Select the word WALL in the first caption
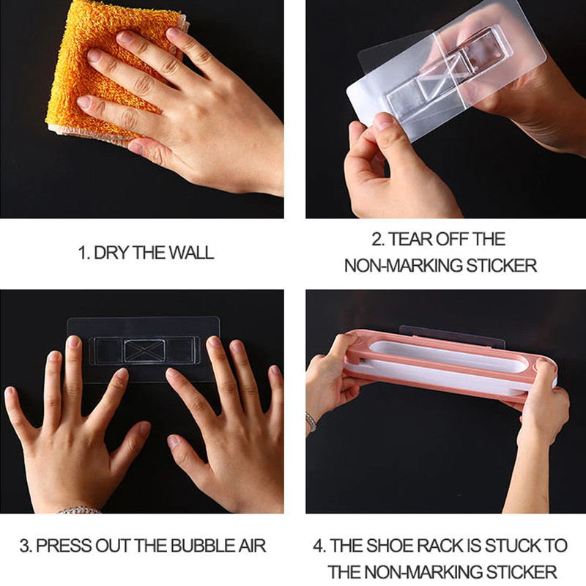pyautogui.click(x=191, y=253)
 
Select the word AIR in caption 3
pyautogui.click(x=252, y=546)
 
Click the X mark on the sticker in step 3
pyautogui.click(x=144, y=351)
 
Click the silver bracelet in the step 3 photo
pyautogui.click(x=79, y=510)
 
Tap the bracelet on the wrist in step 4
pyautogui.click(x=311, y=423)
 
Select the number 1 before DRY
pyautogui.click(x=83, y=253)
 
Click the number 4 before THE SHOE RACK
pyautogui.click(x=319, y=546)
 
